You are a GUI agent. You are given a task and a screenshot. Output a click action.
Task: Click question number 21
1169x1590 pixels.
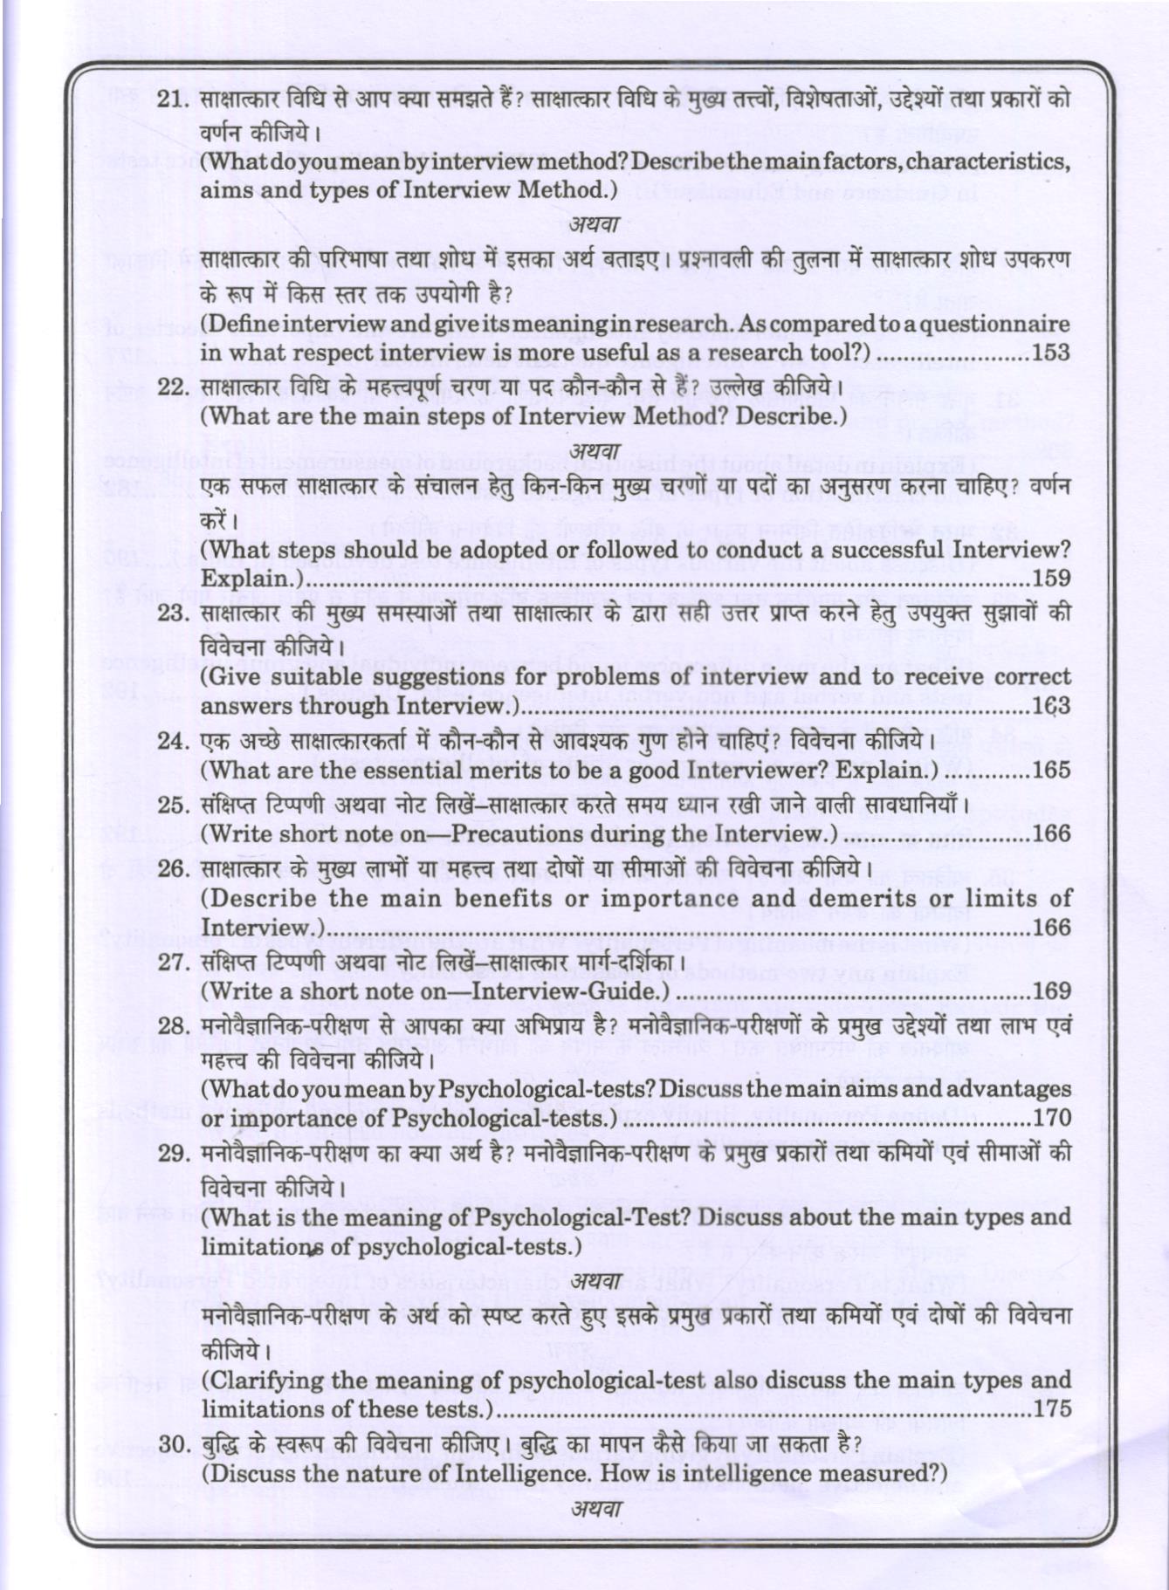[x=173, y=99]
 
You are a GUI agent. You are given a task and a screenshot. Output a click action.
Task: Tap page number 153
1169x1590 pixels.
[x=1050, y=353]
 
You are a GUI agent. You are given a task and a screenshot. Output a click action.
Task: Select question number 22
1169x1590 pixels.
[x=173, y=387]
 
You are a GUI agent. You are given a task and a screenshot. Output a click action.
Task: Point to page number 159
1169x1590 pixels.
[x=1050, y=578]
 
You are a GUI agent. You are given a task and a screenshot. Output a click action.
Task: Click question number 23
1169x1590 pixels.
[x=173, y=612]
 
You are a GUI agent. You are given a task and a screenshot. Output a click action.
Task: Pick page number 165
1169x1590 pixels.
[x=1050, y=771]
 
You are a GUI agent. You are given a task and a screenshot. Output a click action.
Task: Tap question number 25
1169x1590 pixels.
[x=173, y=804]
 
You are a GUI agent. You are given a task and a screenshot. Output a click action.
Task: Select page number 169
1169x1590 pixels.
[x=1050, y=990]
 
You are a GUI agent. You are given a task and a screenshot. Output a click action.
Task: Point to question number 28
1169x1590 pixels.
[x=173, y=1025]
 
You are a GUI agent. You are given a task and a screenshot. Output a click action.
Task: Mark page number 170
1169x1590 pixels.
[x=1050, y=1118]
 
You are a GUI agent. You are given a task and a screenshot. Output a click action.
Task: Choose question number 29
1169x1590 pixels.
[x=173, y=1153]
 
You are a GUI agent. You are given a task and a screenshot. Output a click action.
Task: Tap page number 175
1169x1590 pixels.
[x=1050, y=1409]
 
